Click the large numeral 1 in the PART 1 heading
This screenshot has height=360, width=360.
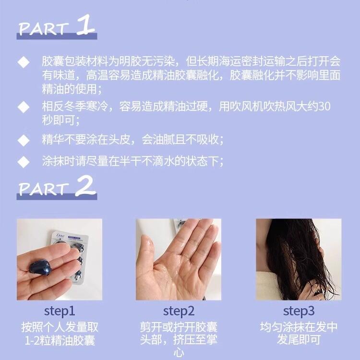coord(85,25)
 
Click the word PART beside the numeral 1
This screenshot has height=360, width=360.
coord(44,29)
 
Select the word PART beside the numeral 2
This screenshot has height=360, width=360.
coord(44,190)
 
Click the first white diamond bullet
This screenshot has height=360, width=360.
coord(24,62)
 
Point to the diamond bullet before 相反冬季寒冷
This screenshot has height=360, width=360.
coord(24,107)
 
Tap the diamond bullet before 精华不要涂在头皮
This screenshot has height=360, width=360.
coord(24,140)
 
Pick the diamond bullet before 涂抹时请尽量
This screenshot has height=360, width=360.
coord(24,162)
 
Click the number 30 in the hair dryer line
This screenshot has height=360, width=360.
coord(324,106)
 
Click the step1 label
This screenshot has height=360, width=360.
coord(60,312)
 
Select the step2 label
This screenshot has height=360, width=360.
coord(179,312)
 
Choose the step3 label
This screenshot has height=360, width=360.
coord(299,312)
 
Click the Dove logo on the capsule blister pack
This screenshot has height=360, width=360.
coord(60,236)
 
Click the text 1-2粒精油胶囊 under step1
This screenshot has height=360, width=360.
coord(60,340)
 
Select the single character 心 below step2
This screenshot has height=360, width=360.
coord(179,353)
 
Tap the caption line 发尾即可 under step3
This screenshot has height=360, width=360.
coord(299,340)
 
